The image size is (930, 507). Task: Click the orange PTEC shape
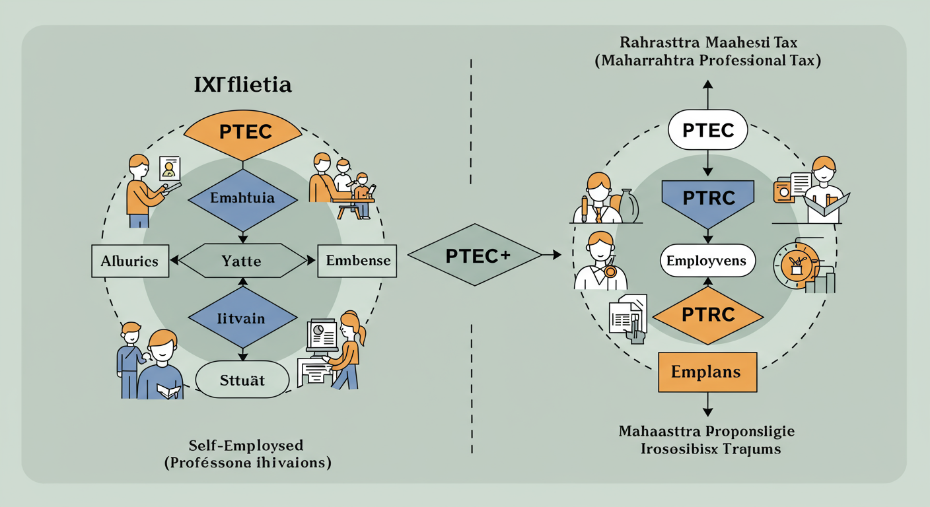coord(242,133)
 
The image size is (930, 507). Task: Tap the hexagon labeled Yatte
coord(242,261)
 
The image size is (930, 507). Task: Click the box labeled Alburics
coord(129,261)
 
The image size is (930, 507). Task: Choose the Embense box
coord(358,261)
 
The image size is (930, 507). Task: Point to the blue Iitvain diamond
coord(242,318)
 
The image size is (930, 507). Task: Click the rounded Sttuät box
coord(242,380)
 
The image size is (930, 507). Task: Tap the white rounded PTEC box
coord(708,130)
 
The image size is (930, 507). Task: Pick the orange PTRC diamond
coord(708,315)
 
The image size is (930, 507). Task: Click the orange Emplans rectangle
coord(707,372)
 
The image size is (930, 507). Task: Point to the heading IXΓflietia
coord(243,85)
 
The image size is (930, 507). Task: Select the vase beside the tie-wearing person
coord(628,205)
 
